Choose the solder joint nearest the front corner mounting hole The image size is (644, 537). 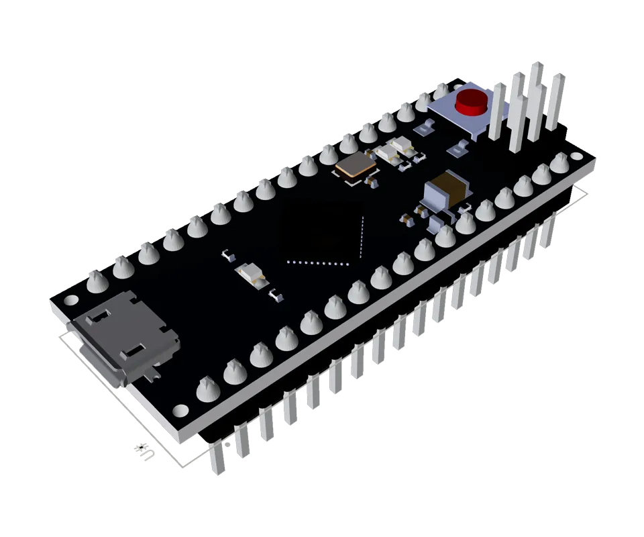pyautogui.click(x=208, y=388)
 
